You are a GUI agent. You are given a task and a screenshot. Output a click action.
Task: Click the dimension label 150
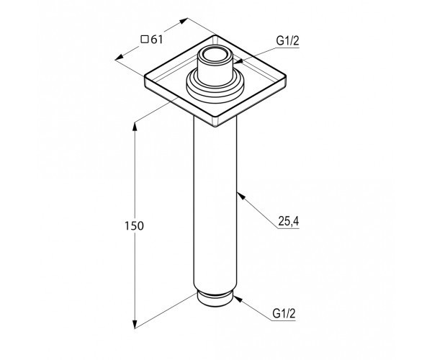[134, 226]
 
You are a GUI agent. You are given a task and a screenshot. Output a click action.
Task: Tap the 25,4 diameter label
[289, 221]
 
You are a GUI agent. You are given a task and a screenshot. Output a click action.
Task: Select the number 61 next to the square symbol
[157, 40]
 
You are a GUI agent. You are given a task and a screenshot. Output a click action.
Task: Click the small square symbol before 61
[145, 40]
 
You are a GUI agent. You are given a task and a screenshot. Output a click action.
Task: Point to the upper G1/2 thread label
[287, 41]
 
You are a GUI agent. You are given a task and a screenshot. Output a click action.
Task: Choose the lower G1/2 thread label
[284, 313]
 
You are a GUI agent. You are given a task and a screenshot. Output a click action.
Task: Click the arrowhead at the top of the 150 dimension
[135, 127]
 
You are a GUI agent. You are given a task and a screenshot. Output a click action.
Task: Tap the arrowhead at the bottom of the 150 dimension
[135, 324]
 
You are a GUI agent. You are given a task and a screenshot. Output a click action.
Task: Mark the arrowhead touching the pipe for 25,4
[240, 196]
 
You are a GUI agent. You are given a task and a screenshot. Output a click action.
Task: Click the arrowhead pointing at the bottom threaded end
[238, 300]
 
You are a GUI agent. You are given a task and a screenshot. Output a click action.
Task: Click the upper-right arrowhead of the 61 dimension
[184, 21]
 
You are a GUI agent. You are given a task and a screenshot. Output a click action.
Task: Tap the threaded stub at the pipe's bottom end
[215, 298]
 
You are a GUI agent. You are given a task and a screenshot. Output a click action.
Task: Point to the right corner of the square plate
[285, 77]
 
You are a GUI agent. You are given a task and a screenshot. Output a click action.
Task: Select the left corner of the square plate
[145, 78]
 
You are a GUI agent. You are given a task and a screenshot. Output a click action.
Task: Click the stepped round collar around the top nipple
[215, 86]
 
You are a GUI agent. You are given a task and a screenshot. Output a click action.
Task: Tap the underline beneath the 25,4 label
[288, 228]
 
